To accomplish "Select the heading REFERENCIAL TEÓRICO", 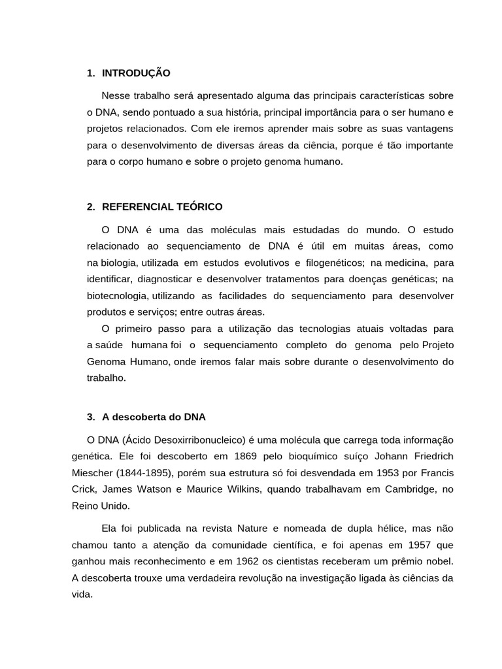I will (162, 207).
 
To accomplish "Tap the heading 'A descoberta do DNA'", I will (154, 417).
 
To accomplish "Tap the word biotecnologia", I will (117, 296).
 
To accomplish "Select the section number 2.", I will (91, 207).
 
